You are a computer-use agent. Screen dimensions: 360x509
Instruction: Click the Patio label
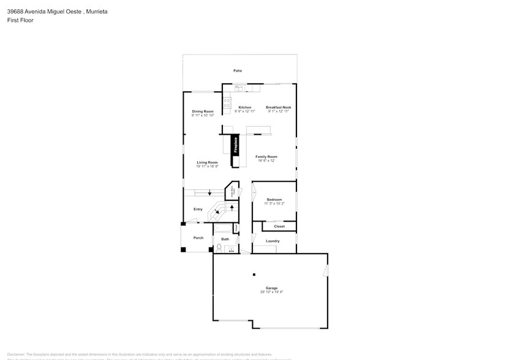click(x=237, y=71)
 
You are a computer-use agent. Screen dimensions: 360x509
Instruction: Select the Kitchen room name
click(x=244, y=107)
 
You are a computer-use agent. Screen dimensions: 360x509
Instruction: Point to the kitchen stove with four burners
click(x=227, y=102)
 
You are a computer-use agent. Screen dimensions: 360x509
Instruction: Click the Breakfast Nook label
click(x=278, y=107)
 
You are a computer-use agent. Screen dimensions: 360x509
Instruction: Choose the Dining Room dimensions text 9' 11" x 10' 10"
click(x=203, y=115)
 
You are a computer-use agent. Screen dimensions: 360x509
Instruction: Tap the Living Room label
click(x=207, y=162)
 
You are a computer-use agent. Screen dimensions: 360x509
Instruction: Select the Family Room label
click(x=266, y=157)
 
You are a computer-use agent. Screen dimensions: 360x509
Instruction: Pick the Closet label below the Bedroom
click(x=279, y=227)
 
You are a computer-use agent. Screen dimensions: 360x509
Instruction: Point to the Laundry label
click(x=273, y=241)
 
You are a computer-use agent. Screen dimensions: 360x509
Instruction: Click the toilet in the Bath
click(x=219, y=247)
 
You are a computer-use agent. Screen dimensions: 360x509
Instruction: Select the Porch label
click(x=198, y=238)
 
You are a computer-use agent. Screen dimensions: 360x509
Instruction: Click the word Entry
click(x=198, y=209)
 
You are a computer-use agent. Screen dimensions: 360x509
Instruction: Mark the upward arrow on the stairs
click(x=232, y=208)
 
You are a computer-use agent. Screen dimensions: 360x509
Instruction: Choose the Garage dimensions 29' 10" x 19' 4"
click(x=271, y=292)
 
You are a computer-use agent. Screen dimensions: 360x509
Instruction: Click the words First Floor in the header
click(x=20, y=20)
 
